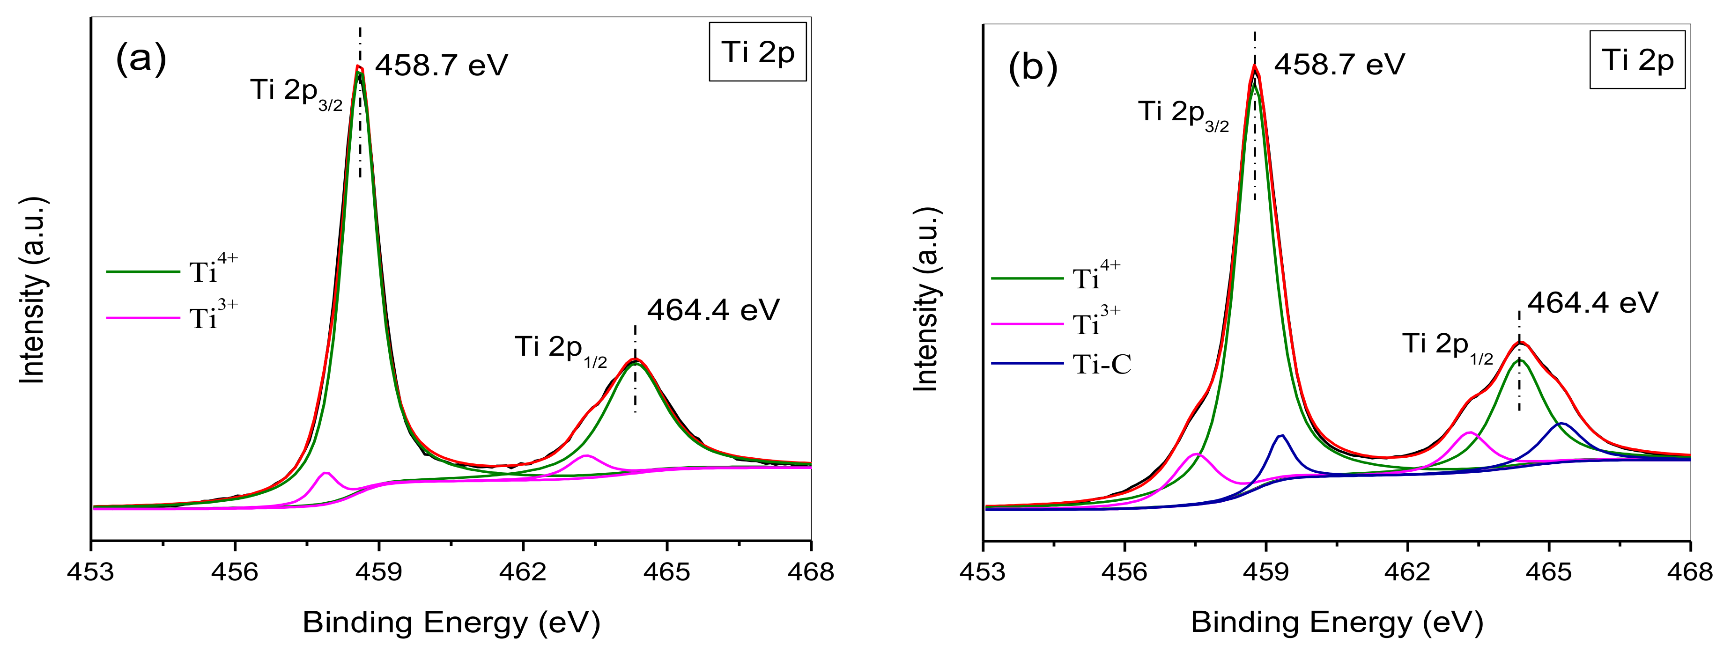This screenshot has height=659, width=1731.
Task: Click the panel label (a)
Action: tap(141, 59)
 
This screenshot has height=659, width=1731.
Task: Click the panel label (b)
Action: tap(1033, 68)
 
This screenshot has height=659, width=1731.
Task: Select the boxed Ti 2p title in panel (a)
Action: tap(757, 52)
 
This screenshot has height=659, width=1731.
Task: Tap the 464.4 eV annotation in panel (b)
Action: tap(1592, 302)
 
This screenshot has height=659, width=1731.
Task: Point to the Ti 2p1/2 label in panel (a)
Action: tap(561, 349)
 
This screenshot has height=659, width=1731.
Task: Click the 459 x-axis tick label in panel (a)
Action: tap(379, 571)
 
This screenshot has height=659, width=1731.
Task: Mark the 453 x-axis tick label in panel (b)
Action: tap(983, 571)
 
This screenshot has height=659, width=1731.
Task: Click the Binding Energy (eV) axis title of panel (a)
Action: tap(451, 622)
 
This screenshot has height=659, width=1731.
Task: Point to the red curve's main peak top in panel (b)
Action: tap(1254, 66)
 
